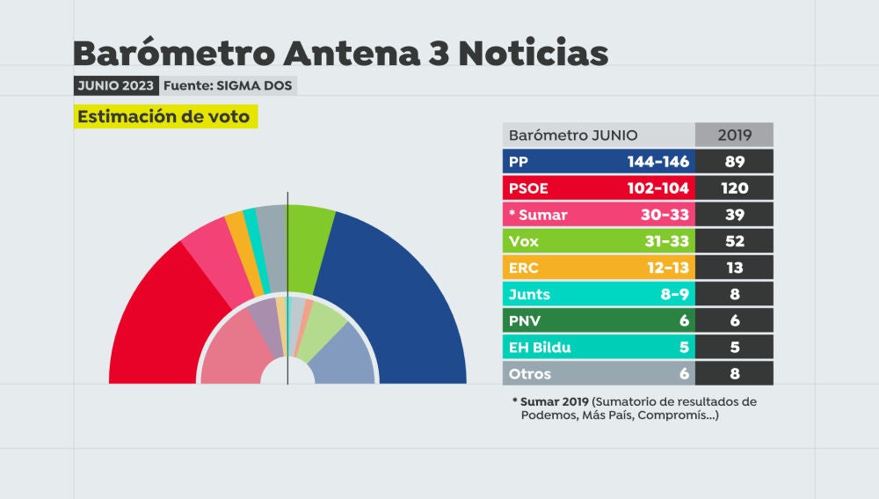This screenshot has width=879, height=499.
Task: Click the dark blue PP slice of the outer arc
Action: point(396,290)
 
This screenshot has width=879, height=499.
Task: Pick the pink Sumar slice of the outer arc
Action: point(209,255)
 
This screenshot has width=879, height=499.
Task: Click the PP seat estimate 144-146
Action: point(657,162)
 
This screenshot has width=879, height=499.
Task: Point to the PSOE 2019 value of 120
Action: point(733,188)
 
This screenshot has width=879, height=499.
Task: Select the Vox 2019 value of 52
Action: point(733,241)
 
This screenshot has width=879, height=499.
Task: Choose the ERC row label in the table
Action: point(524,268)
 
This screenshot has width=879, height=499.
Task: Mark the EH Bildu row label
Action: point(540,347)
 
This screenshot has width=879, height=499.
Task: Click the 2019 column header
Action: point(733,136)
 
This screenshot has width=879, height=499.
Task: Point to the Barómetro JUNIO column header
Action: point(573,136)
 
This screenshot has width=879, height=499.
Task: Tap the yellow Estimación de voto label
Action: point(164,117)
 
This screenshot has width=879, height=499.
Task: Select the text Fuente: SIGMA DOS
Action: point(228,85)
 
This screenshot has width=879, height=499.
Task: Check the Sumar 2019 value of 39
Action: point(733,215)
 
